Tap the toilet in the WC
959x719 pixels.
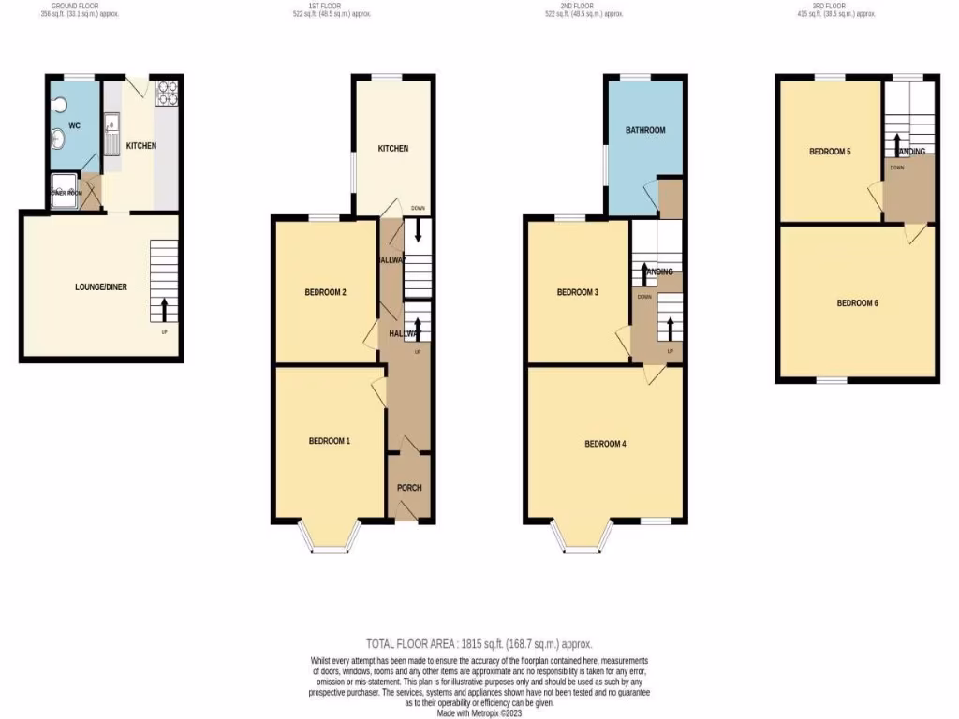59,104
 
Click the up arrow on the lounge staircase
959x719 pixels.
165,309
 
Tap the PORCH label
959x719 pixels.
409,488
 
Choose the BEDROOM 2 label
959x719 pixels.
326,292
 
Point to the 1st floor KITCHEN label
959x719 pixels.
392,149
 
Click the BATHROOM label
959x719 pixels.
645,130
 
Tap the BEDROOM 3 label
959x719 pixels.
578,292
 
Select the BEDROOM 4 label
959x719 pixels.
605,444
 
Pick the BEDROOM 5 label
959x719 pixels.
830,151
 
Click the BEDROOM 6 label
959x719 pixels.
857,302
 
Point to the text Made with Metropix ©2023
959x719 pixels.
479,712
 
